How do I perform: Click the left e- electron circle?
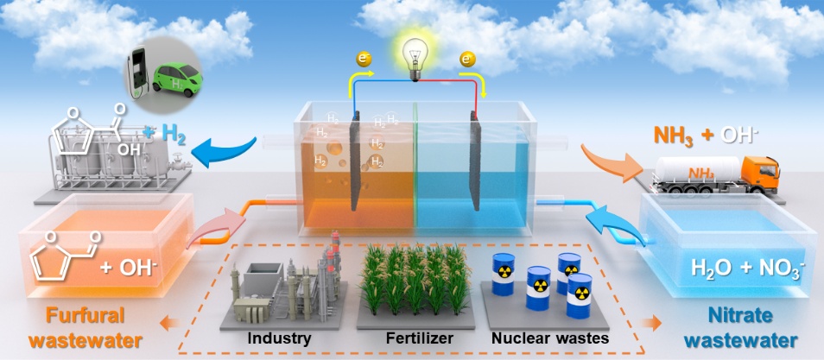tap(360, 60)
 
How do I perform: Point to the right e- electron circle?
tap(467, 60)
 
